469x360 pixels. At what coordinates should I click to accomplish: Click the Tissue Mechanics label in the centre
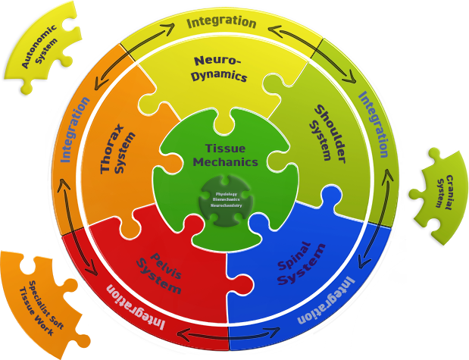[225, 155]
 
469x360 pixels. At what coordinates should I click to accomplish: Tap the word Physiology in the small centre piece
[227, 193]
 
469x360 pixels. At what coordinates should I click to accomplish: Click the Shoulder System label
[323, 132]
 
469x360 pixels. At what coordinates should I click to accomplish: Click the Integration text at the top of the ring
[221, 21]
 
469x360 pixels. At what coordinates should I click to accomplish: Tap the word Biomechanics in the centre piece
[227, 199]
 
